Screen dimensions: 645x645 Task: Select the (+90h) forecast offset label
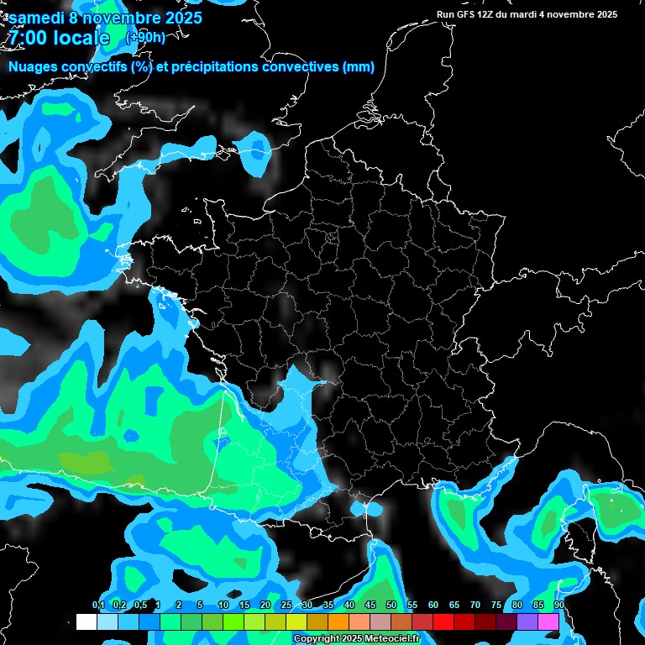(145, 38)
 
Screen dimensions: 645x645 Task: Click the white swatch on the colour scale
(86, 621)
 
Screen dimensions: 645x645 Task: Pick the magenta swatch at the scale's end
(548, 621)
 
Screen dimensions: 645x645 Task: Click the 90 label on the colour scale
(558, 606)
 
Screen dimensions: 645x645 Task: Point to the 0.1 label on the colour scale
(98, 606)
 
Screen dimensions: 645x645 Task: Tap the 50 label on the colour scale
(391, 606)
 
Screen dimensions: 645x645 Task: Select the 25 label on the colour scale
(286, 606)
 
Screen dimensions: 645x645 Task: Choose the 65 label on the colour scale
(454, 606)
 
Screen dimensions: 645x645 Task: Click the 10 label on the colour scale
(223, 606)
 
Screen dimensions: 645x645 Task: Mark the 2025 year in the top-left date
(182, 17)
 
